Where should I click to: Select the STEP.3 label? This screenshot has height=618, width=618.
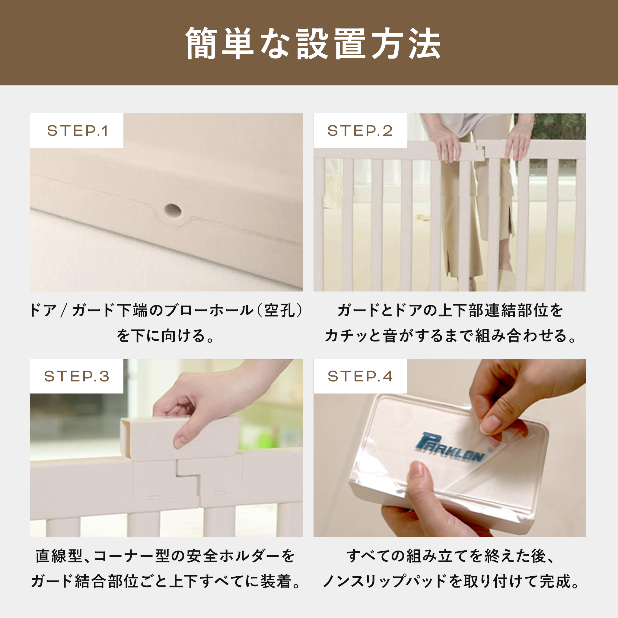point(77,376)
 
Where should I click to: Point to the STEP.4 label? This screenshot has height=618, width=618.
point(360,376)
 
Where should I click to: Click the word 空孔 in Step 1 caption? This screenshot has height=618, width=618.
point(279,310)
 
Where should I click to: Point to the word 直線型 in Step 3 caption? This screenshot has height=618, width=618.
point(59,556)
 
